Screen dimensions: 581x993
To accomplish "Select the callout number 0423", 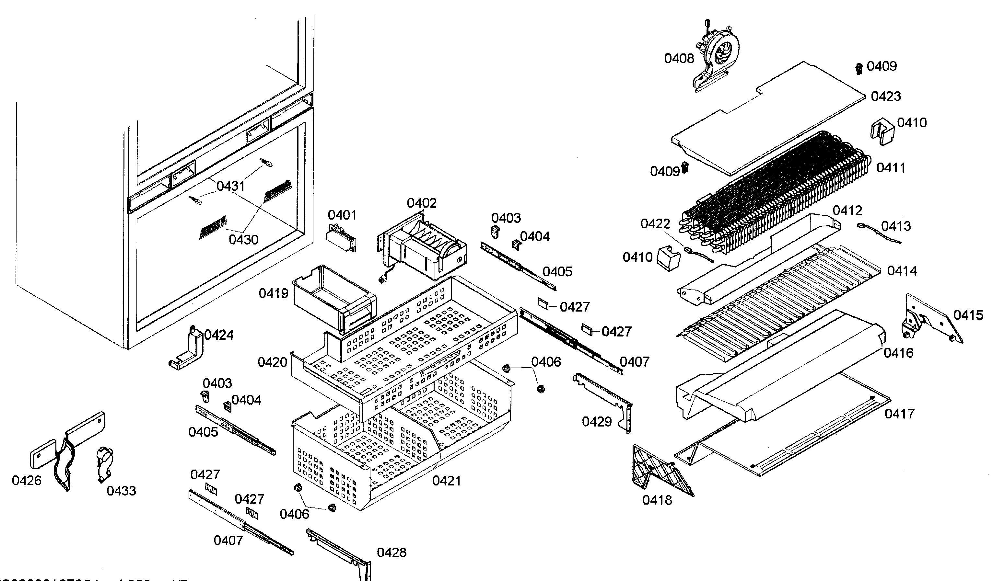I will [x=885, y=97].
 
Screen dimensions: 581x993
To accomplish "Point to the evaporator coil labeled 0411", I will [x=772, y=189].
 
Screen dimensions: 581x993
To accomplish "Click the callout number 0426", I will [x=26, y=481].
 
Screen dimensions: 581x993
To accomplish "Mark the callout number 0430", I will [x=243, y=239].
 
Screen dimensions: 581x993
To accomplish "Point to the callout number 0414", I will [x=902, y=271].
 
